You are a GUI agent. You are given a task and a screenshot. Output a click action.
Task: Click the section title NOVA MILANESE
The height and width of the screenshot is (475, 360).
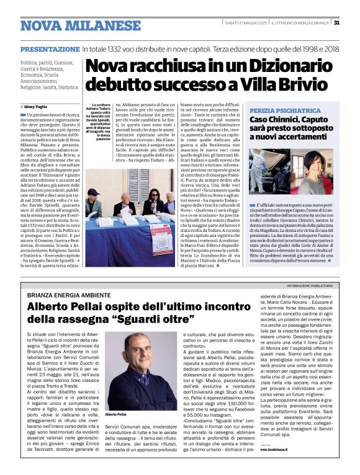coord(81,26)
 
